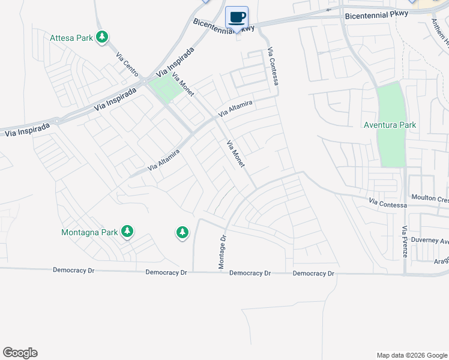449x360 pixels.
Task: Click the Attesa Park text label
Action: (x=71, y=38)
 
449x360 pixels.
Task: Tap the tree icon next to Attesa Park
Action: (x=103, y=38)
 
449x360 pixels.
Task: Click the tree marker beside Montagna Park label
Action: (x=127, y=231)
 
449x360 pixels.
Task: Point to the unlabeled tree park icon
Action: (x=182, y=232)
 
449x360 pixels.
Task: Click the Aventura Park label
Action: (x=390, y=125)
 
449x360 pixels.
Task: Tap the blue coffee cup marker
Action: (x=237, y=17)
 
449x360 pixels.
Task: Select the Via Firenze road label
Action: (x=405, y=242)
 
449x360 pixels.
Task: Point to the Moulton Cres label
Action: (x=430, y=198)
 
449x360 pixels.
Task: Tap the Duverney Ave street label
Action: (x=431, y=241)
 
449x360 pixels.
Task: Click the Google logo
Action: (x=20, y=353)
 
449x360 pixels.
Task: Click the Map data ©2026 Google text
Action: (x=411, y=355)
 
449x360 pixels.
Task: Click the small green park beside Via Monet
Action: (x=166, y=89)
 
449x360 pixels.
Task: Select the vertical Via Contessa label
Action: (x=274, y=65)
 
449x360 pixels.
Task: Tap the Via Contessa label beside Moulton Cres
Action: (x=388, y=205)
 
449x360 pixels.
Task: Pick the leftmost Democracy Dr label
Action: (x=74, y=271)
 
